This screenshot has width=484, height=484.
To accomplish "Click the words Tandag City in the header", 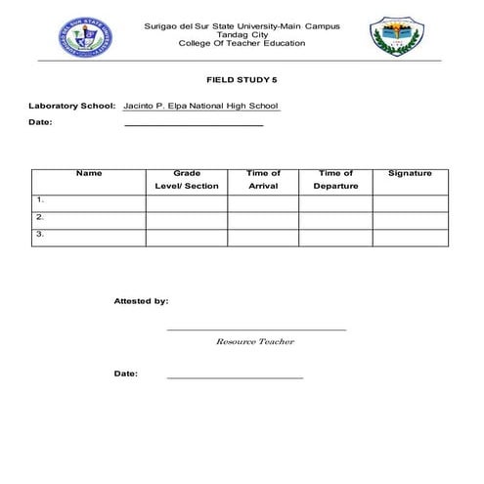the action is coord(242,34).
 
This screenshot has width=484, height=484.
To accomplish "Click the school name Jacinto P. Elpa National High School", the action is coord(201,105).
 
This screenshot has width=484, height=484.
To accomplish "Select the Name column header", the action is coord(89,174).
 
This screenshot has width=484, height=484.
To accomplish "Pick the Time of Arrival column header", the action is coord(263,180).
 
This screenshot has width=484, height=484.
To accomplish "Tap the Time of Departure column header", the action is coord(335,180).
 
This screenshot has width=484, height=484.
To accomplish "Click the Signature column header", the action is coord(410,174).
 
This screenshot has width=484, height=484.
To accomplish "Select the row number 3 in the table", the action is coord(40,236).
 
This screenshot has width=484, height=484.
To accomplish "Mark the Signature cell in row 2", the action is coord(410,219).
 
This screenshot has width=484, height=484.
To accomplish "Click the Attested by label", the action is coord(141,302).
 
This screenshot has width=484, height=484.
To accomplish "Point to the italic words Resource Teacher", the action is coord(254,342).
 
